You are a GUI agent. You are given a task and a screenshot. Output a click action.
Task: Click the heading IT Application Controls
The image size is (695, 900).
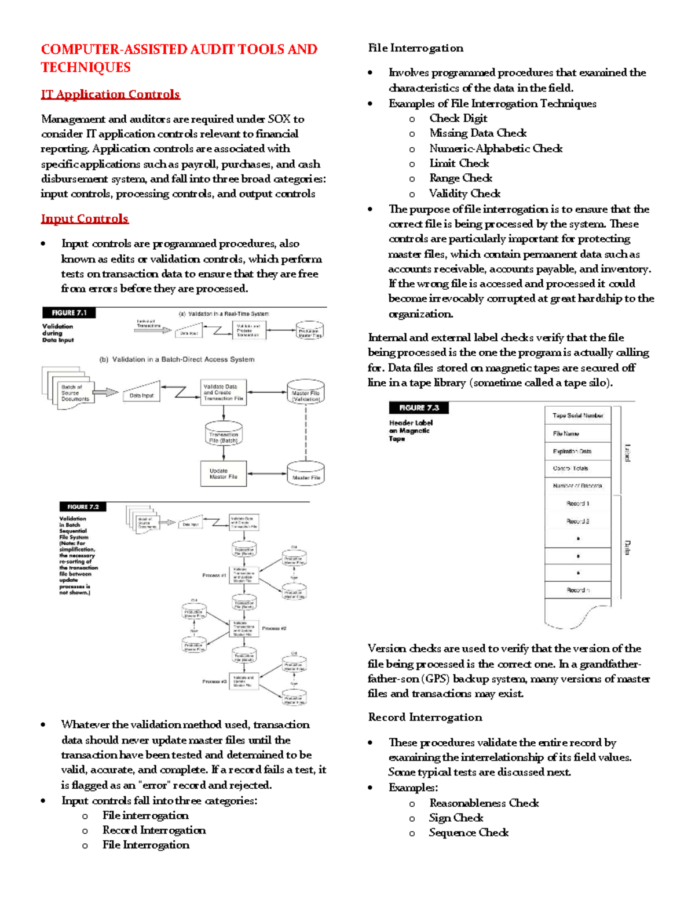point(110,94)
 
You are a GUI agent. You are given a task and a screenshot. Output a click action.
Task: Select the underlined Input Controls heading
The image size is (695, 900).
point(85,219)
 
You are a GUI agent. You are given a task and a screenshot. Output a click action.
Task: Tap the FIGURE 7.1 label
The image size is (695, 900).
point(69,313)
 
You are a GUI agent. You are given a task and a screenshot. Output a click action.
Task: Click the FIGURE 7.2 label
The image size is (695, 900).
point(83,507)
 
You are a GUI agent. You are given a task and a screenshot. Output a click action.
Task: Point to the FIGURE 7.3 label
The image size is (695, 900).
point(419,408)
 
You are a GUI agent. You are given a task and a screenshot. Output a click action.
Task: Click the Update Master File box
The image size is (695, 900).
point(224,473)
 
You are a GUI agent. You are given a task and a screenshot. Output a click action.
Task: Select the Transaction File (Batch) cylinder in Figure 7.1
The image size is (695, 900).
point(224,435)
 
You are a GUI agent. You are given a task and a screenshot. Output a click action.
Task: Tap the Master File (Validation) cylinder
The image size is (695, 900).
point(306,394)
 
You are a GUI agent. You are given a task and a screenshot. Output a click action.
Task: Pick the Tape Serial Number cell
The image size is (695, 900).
point(577,416)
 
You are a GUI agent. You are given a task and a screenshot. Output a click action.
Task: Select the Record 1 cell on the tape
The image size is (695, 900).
point(577,504)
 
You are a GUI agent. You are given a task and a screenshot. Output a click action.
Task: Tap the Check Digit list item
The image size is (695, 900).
point(458,118)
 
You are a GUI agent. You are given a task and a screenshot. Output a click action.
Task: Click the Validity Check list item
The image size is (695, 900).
point(464,194)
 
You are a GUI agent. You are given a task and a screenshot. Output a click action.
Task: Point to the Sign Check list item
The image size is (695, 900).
point(456,818)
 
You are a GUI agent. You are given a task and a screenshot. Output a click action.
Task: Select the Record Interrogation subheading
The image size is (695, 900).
point(425,717)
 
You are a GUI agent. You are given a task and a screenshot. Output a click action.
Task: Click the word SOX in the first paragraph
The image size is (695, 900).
point(279,119)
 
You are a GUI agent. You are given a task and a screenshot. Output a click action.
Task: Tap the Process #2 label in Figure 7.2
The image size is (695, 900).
point(274,628)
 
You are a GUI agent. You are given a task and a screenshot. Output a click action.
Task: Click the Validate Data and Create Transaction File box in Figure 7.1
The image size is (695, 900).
point(224,392)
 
